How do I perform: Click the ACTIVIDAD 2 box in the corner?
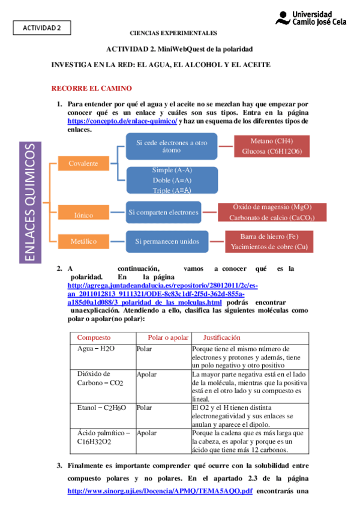click(x=42, y=28)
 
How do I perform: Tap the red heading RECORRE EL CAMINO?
click(x=91, y=88)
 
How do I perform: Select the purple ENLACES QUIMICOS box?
click(x=29, y=202)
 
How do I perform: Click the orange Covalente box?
click(x=83, y=163)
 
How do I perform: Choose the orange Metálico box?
click(x=83, y=241)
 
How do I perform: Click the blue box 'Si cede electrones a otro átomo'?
click(x=172, y=147)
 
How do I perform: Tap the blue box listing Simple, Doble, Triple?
click(x=172, y=180)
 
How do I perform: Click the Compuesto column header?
click(x=95, y=338)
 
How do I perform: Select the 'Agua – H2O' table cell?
click(x=97, y=349)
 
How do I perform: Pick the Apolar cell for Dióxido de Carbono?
click(x=146, y=374)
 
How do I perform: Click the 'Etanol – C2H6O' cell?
click(x=102, y=408)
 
